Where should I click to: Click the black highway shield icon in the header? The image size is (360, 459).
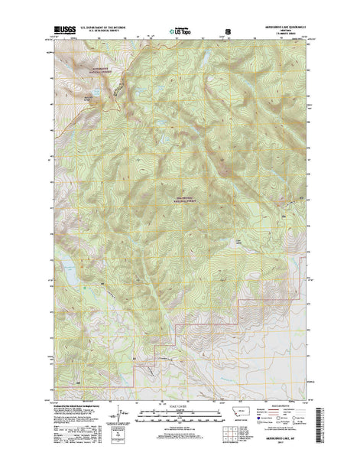226,32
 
